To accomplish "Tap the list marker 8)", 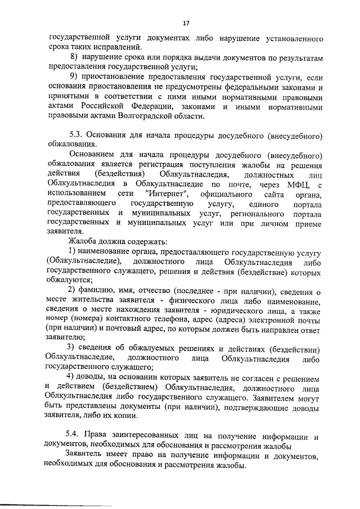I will coord(73,58).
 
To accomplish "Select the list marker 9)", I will coord(73,77).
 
